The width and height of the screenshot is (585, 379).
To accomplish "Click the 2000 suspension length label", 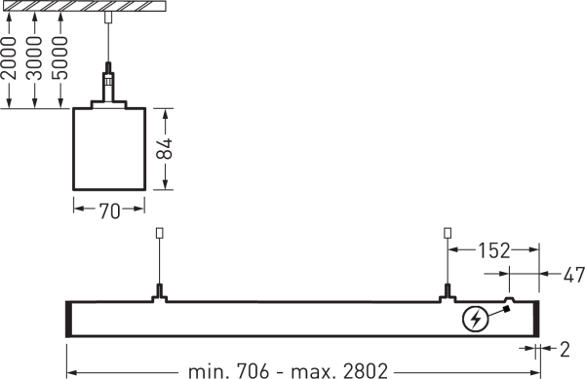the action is coord(10,57).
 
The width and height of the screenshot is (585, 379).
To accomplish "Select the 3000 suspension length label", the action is coord(35,57).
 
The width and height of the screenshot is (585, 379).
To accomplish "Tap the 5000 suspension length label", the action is coord(60,57).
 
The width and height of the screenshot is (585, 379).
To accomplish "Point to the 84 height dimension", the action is coord(165,149).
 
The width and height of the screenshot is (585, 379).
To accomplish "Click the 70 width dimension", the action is coord(109,210).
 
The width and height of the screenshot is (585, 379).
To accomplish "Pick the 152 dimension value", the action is coord(494,250).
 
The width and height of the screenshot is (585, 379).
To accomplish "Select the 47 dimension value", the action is coord(574,276).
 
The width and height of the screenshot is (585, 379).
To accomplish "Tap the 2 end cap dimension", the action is coord(565,350).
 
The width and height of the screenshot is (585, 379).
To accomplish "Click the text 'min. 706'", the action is coord(228,371).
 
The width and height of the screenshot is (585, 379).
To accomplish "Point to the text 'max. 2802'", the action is coord(339,371).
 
